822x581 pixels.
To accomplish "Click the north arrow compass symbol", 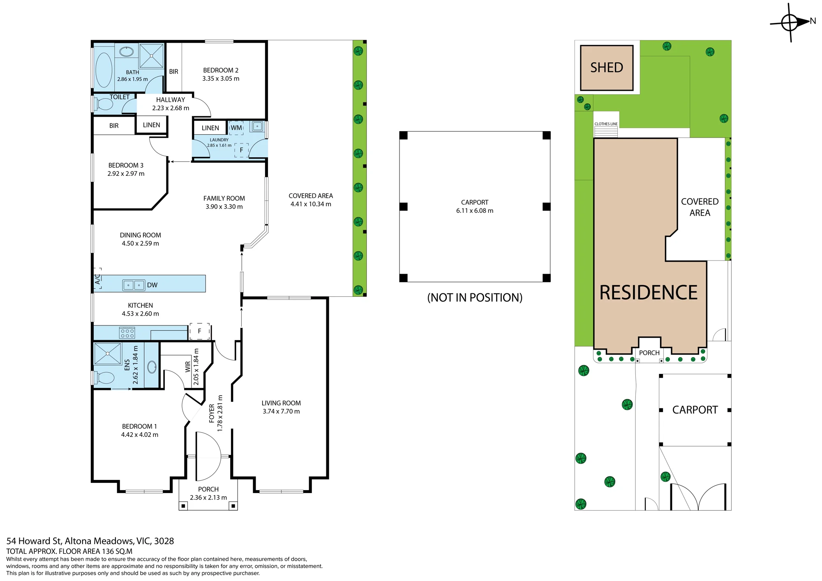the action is [790, 22].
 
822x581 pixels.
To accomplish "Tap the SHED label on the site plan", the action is [607, 67].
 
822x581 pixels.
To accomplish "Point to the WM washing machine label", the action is [236, 128].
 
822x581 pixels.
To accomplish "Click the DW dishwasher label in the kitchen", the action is [152, 285].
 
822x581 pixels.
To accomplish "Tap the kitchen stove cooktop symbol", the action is [127, 332].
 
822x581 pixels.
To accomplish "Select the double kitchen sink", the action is [134, 285].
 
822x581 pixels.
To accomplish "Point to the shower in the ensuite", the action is [108, 353].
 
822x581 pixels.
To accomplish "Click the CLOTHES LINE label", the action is [606, 124].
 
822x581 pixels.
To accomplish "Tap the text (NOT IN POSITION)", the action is [475, 297].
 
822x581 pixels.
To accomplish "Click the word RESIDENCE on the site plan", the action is [649, 293].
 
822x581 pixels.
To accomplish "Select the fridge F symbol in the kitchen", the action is [200, 331].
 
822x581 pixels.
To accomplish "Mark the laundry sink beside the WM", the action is [258, 126].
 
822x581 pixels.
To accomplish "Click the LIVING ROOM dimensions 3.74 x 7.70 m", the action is [281, 411].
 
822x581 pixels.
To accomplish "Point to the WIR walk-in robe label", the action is [188, 367].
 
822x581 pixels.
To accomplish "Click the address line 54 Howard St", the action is [90, 541].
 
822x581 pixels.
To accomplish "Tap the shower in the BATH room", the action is [151, 55].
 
